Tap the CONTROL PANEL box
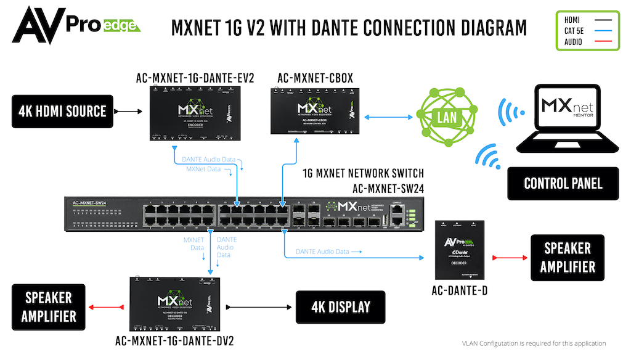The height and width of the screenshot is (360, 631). tap(563, 183)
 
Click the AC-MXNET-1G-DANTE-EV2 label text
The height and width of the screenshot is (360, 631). tap(195, 78)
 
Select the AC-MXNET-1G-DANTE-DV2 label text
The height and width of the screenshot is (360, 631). tap(175, 340)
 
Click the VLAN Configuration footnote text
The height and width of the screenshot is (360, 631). tap(534, 343)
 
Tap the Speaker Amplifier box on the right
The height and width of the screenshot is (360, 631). tap(567, 258)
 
